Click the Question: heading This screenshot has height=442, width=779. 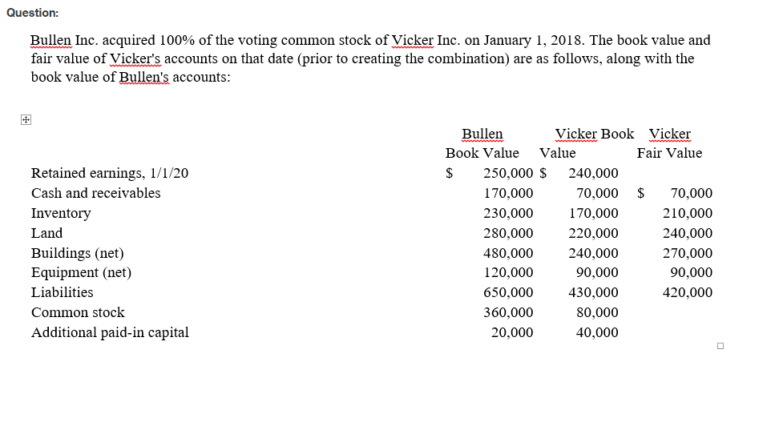point(32,13)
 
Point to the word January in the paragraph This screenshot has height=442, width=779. point(507,40)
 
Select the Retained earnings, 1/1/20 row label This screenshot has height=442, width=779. point(110,173)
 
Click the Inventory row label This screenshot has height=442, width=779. point(61,213)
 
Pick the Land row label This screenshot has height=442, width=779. point(46,233)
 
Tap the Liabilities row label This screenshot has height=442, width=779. point(62,292)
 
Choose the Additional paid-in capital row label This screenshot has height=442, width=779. point(110,332)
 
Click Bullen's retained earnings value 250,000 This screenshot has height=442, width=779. point(508,173)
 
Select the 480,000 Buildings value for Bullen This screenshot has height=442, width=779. point(508,253)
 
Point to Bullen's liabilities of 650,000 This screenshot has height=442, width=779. point(508,292)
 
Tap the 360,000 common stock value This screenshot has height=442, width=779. point(508,312)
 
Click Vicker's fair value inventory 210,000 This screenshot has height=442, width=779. point(688,213)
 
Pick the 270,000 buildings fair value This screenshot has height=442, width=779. point(688,253)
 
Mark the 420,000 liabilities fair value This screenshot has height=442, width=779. point(688,292)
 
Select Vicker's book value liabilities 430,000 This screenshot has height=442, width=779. point(593,292)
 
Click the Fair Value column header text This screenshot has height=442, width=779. point(669,153)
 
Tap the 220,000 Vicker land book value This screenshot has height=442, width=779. point(593,233)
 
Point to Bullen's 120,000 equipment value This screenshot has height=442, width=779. point(508,272)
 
